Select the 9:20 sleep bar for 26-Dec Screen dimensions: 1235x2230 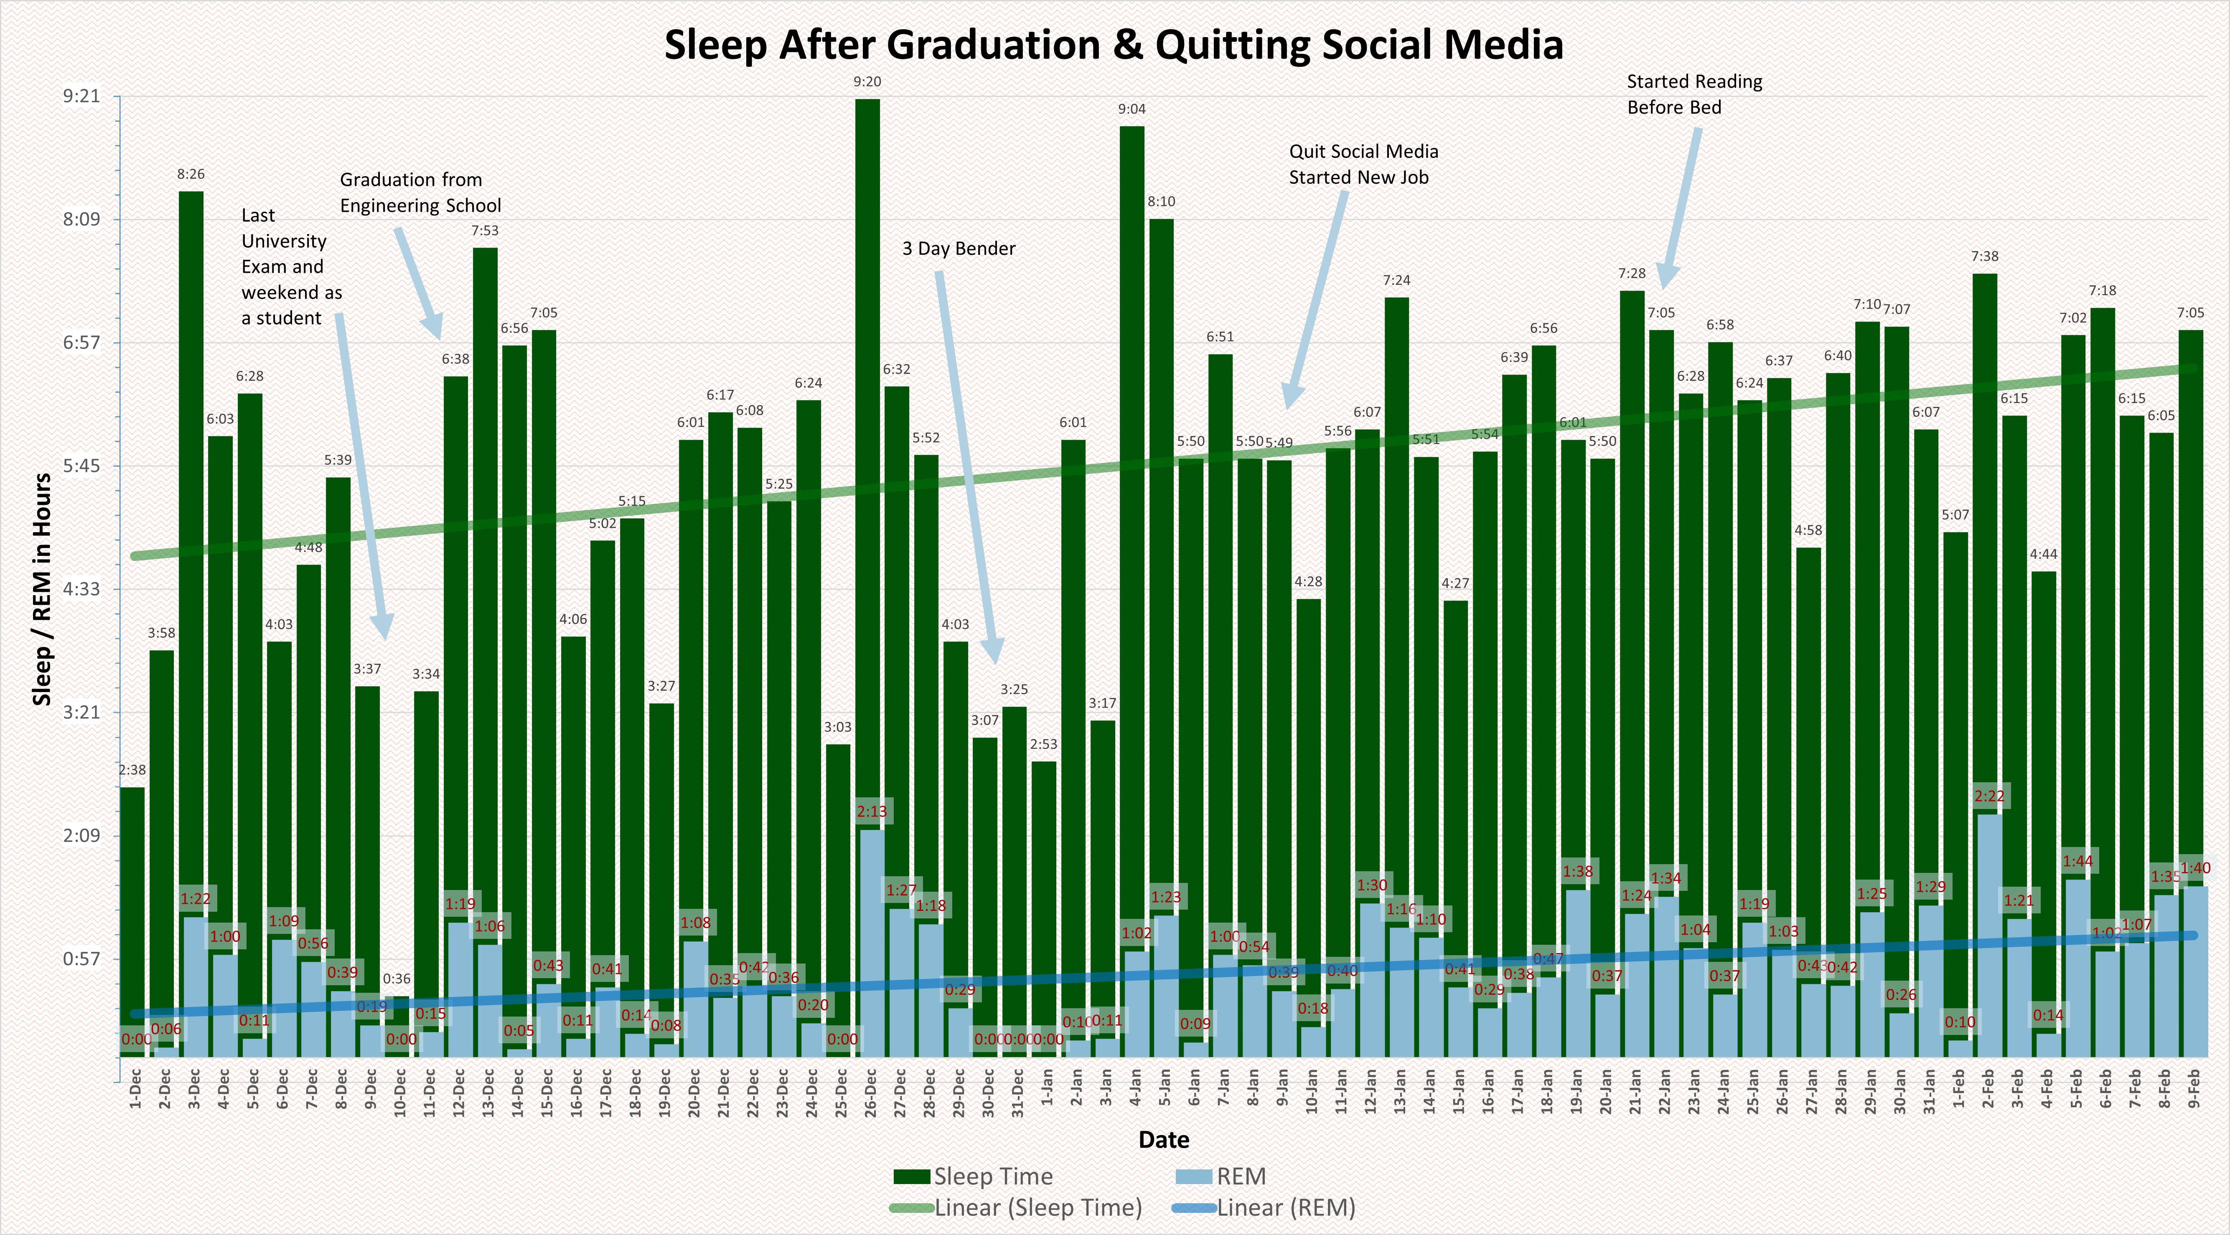(867, 433)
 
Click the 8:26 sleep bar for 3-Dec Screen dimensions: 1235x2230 (191, 519)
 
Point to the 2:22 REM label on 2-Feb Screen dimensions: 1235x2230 (1989, 795)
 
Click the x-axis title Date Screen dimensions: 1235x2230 (1164, 1140)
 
